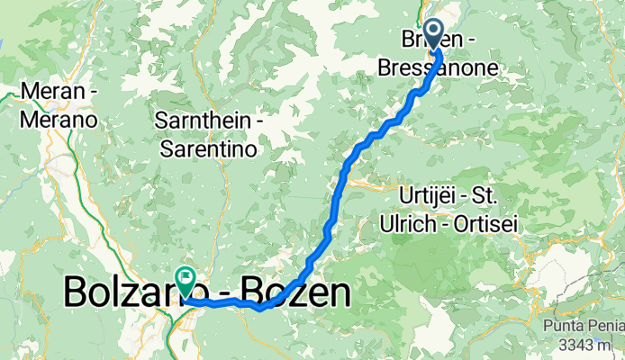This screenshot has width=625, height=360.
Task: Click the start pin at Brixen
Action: tap(433, 34)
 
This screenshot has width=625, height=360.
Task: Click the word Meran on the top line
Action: tap(48, 93)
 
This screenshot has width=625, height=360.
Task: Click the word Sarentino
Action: tap(207, 148)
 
